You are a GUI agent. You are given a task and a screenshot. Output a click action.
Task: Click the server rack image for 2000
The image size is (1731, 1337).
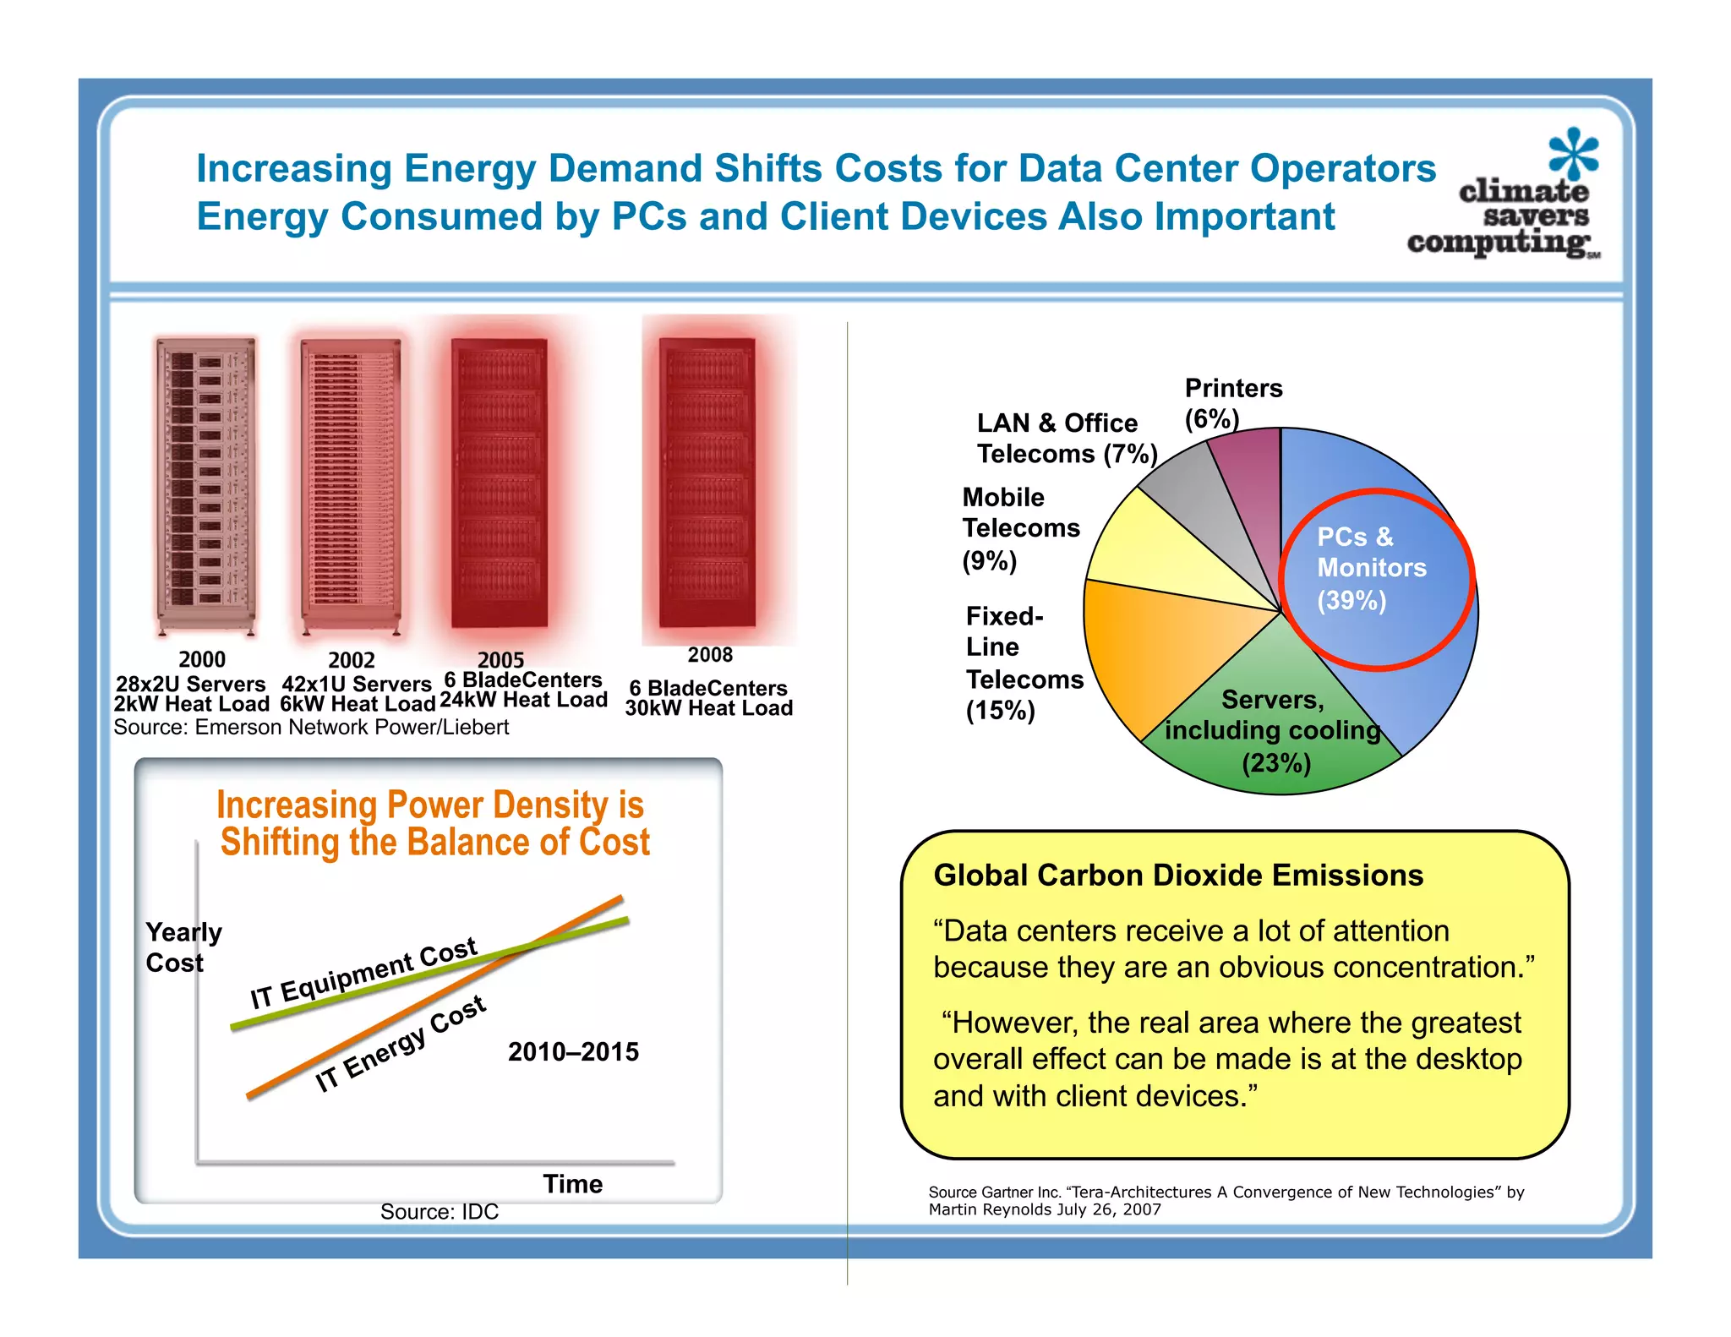pos(205,486)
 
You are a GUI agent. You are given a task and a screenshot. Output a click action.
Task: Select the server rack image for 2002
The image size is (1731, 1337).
pos(351,486)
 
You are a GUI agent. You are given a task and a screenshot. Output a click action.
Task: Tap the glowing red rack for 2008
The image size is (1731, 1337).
pos(708,482)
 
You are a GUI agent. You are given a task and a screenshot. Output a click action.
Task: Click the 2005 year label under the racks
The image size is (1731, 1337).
pos(501,659)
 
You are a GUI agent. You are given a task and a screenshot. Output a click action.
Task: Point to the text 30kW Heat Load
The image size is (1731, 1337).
pos(708,708)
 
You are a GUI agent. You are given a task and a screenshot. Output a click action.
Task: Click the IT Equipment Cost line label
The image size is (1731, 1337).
pos(363,972)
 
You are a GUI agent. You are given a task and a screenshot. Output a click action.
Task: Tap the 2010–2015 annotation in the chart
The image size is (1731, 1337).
pos(573,1051)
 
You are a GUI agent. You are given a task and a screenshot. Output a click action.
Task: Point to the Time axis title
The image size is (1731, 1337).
pos(572,1183)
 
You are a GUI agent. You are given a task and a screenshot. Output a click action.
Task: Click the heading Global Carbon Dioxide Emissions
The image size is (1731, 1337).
pos(1177,875)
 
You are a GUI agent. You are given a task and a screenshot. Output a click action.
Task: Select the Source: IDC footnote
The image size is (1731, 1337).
pos(439,1211)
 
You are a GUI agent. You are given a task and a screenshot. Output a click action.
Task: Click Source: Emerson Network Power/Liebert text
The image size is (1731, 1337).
pos(311,727)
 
